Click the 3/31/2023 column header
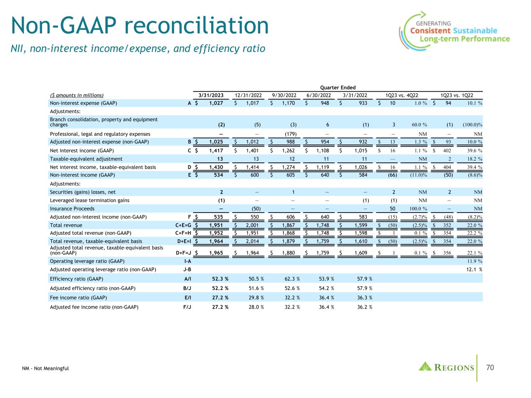click(x=211, y=95)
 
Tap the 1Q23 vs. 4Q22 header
click(x=402, y=95)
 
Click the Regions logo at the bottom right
click(x=446, y=367)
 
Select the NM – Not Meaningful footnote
click(x=46, y=368)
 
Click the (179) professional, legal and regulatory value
click(x=291, y=134)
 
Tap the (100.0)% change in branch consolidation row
click(x=472, y=125)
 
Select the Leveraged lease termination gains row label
click(x=90, y=200)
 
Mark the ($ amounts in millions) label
click(x=77, y=95)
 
